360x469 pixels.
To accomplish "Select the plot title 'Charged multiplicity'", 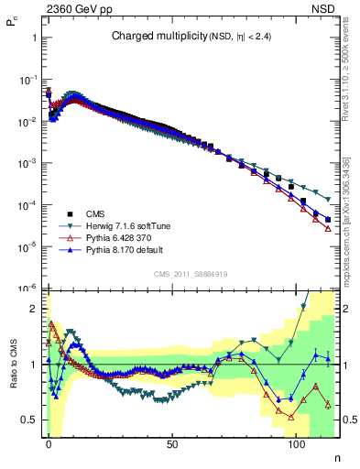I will (x=150, y=37).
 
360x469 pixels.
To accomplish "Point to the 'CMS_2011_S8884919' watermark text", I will (x=190, y=274).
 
